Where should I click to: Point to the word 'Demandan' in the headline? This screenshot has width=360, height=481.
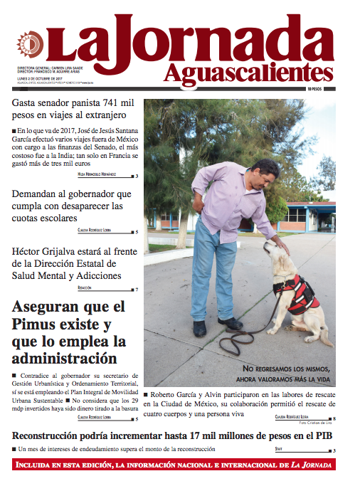(38, 194)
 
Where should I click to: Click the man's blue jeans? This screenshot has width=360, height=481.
(213, 270)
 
